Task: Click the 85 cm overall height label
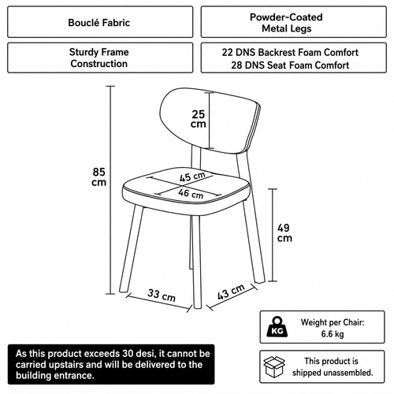click(99, 177)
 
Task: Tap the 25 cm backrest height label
click(199, 119)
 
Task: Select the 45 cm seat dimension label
click(192, 177)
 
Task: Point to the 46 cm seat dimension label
click(191, 194)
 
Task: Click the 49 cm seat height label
click(284, 232)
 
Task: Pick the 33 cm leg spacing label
click(162, 295)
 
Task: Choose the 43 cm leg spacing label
click(231, 292)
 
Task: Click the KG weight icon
click(277, 327)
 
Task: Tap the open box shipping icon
click(274, 366)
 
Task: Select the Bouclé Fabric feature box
click(100, 22)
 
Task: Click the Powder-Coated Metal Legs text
click(286, 23)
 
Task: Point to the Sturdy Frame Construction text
click(99, 58)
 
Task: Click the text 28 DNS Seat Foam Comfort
click(290, 65)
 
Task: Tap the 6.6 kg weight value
click(333, 334)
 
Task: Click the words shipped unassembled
click(333, 373)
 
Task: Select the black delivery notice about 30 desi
click(111, 364)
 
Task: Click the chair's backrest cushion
click(210, 121)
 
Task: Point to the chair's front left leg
click(132, 248)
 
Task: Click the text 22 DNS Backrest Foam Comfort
click(290, 52)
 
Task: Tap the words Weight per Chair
click(333, 322)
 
